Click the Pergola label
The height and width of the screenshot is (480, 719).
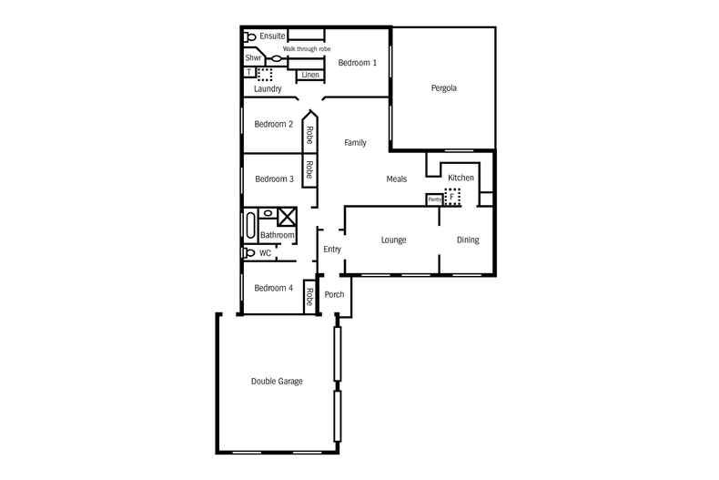[443, 88]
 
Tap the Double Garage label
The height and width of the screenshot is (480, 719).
[277, 381]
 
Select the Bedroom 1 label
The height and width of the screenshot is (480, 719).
[357, 63]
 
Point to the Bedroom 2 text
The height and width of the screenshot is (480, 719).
[273, 124]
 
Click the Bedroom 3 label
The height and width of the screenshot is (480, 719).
[274, 179]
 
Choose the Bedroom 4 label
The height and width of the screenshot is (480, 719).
[273, 288]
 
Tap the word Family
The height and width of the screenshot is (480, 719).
[355, 143]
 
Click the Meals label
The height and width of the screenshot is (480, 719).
[396, 179]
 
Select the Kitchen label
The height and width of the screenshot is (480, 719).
[461, 177]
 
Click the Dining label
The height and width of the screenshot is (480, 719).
[468, 240]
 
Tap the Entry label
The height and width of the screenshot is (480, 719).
[332, 249]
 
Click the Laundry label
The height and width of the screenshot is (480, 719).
[268, 89]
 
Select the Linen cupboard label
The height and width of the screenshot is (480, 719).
[309, 75]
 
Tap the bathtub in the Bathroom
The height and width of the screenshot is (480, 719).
[249, 224]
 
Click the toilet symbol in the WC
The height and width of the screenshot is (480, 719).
[248, 253]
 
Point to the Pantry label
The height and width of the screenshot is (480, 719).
[434, 199]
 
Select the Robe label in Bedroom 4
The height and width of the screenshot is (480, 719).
[309, 297]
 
